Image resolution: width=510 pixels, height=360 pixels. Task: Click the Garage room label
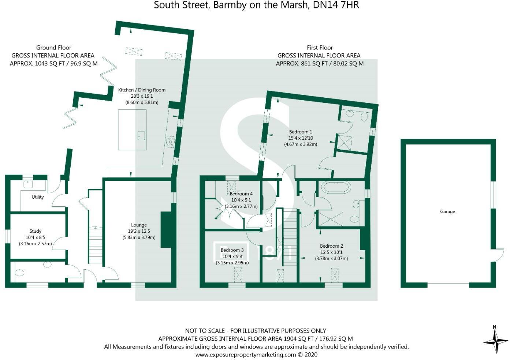[x=447, y=211]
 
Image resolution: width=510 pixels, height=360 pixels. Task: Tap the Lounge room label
[x=139, y=225]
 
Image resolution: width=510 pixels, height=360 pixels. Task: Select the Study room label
[x=35, y=231]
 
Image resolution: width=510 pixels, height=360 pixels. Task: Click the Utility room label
[x=37, y=197]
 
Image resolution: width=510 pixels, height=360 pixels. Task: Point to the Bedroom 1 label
[x=300, y=132]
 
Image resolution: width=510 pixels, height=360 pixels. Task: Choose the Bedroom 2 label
[x=331, y=246]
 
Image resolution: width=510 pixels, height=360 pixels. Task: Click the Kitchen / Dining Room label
[x=142, y=90]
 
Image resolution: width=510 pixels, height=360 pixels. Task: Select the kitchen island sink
[x=141, y=136]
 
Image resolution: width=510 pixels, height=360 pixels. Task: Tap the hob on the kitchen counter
[x=170, y=142]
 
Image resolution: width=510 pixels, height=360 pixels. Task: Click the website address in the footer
[x=256, y=355]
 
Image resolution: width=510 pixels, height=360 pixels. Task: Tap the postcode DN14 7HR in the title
[x=336, y=5]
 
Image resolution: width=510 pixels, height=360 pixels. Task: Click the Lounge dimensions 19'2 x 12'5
[x=139, y=231]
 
